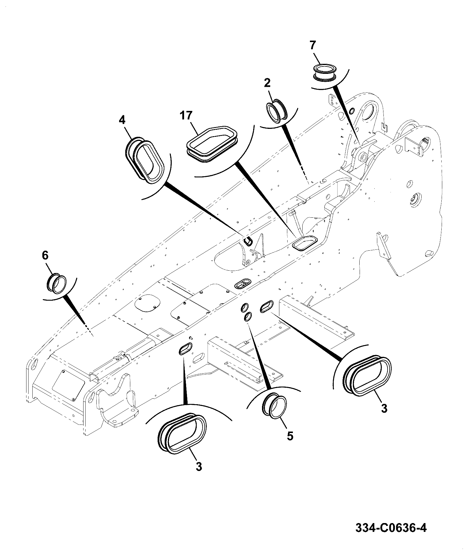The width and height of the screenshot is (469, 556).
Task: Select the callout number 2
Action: tap(267, 83)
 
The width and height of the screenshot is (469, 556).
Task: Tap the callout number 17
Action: tap(186, 116)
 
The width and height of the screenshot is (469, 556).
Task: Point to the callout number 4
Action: tap(122, 120)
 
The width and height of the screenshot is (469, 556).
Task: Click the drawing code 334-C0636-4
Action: tap(391, 528)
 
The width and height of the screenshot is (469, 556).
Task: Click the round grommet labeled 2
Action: tap(277, 111)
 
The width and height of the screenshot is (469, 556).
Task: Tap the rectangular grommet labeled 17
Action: tap(212, 144)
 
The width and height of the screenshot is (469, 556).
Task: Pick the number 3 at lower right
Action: tap(384, 409)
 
